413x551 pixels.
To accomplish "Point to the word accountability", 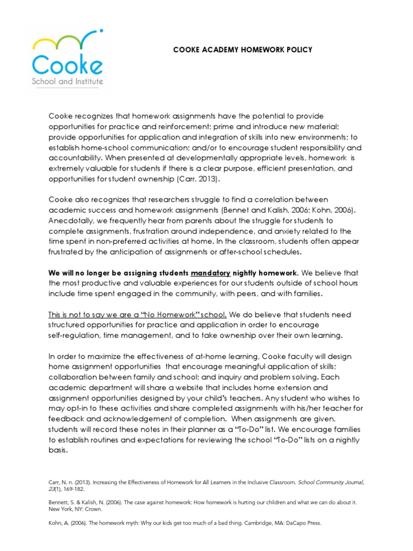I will click(75, 158).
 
